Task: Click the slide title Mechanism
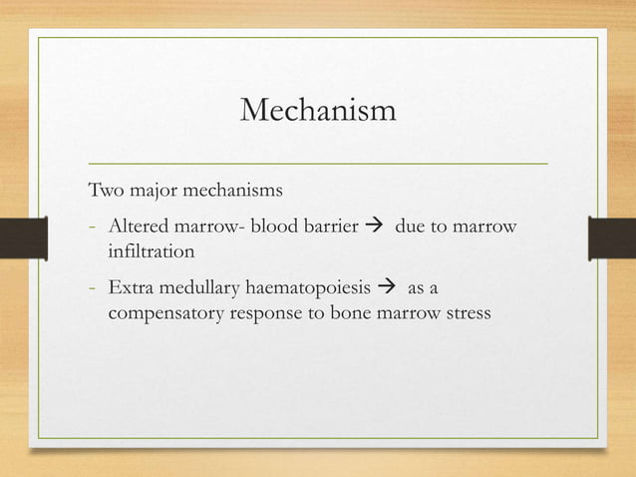[318, 110]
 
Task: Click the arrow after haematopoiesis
[389, 289]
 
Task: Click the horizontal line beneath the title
[318, 161]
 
